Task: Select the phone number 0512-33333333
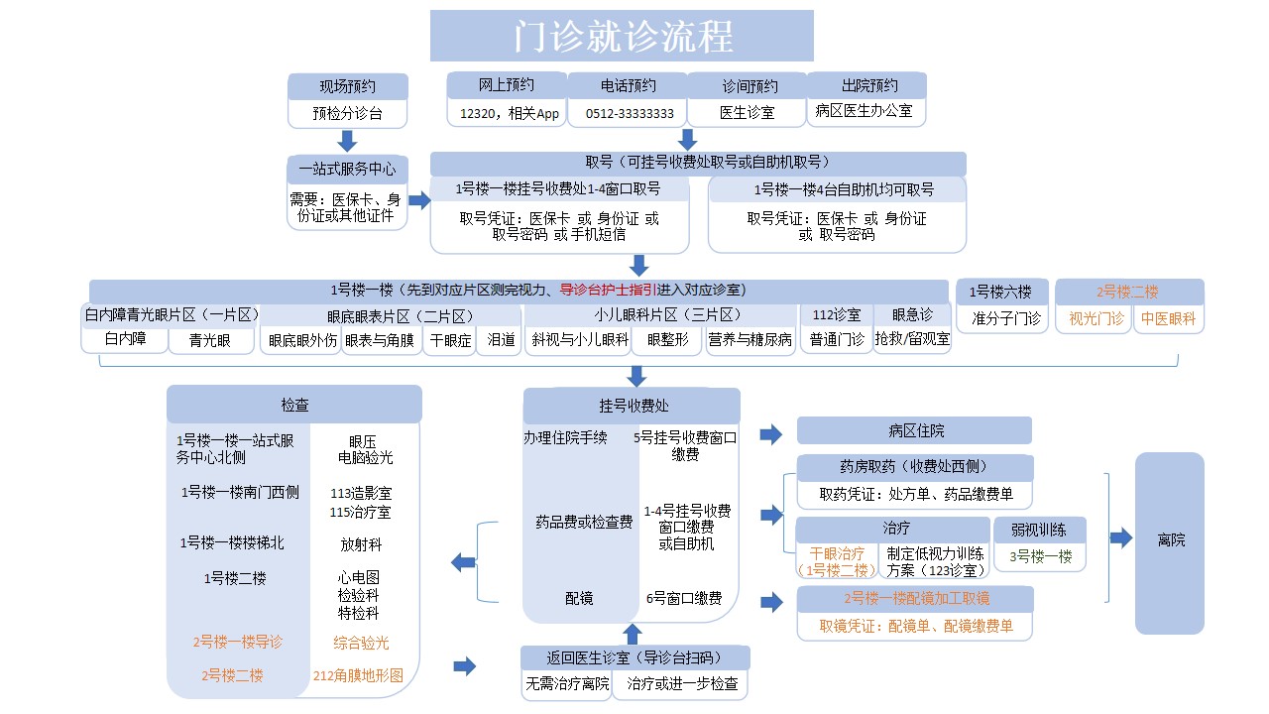(x=630, y=114)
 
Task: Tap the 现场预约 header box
(x=348, y=86)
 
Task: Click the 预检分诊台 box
(x=348, y=114)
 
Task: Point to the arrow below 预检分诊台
(x=347, y=141)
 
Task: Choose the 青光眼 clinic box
(x=210, y=340)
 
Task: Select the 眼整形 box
(x=667, y=340)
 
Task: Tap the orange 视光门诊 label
(x=1096, y=318)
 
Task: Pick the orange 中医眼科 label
(x=1168, y=318)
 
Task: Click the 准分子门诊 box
(x=1002, y=318)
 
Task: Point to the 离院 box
(x=1170, y=542)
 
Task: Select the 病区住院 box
(x=914, y=431)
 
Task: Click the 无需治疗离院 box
(x=566, y=684)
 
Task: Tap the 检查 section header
(x=294, y=405)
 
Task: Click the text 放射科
(x=361, y=544)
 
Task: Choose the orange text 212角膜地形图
(x=358, y=675)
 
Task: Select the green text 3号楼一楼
(x=1041, y=556)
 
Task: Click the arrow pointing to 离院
(x=1121, y=537)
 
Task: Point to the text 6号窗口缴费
(x=684, y=598)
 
